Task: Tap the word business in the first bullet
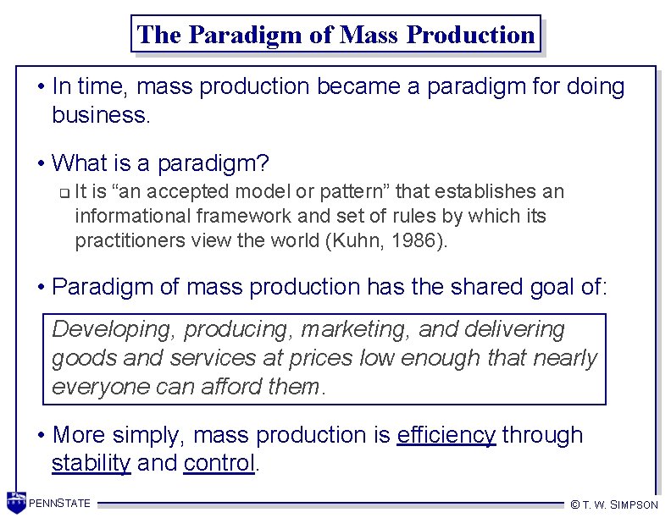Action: tap(101, 114)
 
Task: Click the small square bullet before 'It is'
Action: tap(64, 193)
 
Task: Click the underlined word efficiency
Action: tap(446, 435)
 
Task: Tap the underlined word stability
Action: tap(91, 464)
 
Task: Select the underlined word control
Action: tap(219, 464)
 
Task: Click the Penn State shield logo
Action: tap(15, 502)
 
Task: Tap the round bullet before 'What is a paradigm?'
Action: tap(41, 163)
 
